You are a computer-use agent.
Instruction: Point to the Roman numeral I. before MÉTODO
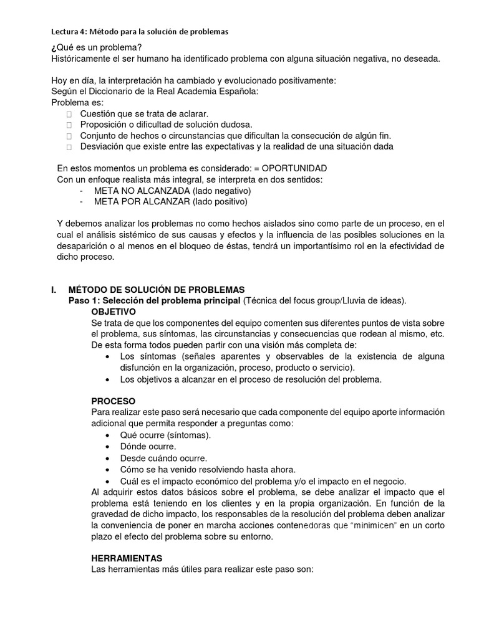54,290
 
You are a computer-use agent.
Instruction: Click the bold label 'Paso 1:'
84,300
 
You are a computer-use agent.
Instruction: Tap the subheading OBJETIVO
114,312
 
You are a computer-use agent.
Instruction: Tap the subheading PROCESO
113,401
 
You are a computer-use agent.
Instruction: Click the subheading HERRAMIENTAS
127,558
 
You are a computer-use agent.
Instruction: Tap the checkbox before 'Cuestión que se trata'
69,114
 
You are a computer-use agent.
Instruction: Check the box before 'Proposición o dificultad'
69,125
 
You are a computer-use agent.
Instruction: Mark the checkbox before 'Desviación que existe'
69,147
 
